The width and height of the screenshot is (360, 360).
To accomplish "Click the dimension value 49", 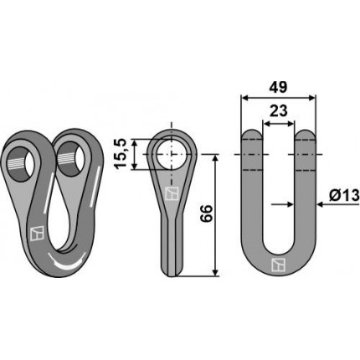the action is click(278, 87).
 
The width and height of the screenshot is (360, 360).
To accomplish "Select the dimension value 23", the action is click(278, 111).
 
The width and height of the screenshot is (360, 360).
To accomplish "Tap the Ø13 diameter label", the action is click(344, 195).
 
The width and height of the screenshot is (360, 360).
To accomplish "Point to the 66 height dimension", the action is click(206, 214).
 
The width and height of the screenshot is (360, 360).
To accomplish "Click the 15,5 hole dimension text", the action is click(121, 153).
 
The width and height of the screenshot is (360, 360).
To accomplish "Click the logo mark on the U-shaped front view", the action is click(278, 265).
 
